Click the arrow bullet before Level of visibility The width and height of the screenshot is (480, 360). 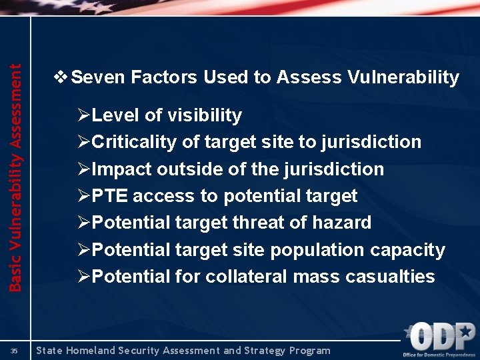(83, 115)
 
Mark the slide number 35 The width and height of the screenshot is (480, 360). (14, 350)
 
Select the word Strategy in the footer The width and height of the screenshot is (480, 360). (259, 350)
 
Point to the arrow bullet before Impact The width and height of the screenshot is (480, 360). (83, 169)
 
